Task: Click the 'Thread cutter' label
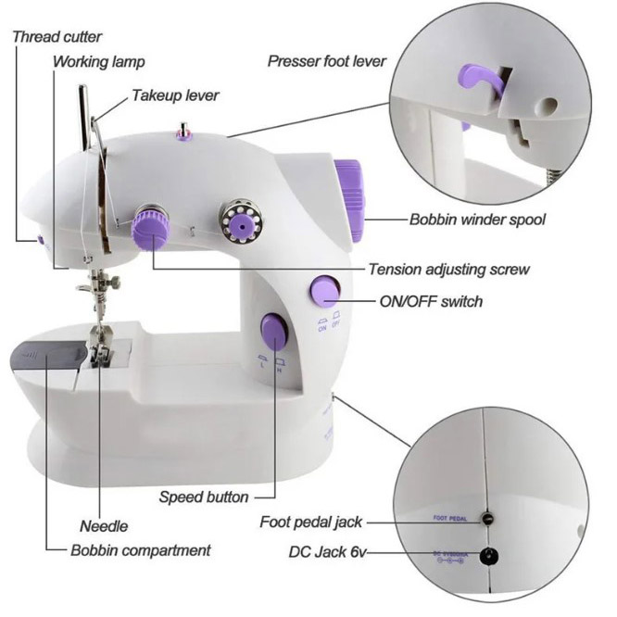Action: pyautogui.click(x=57, y=37)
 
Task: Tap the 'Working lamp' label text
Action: pyautogui.click(x=99, y=62)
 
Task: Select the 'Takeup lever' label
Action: pyautogui.click(x=175, y=95)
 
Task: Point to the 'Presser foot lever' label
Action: pyautogui.click(x=326, y=62)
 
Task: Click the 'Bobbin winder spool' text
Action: pyautogui.click(x=477, y=220)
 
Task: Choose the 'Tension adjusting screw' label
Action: pyautogui.click(x=448, y=270)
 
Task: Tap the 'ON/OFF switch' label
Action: pyautogui.click(x=431, y=301)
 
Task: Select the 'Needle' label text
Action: pyautogui.click(x=104, y=526)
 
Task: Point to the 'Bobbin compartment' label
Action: pyautogui.click(x=141, y=550)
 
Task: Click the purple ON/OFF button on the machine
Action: pyautogui.click(x=324, y=291)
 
